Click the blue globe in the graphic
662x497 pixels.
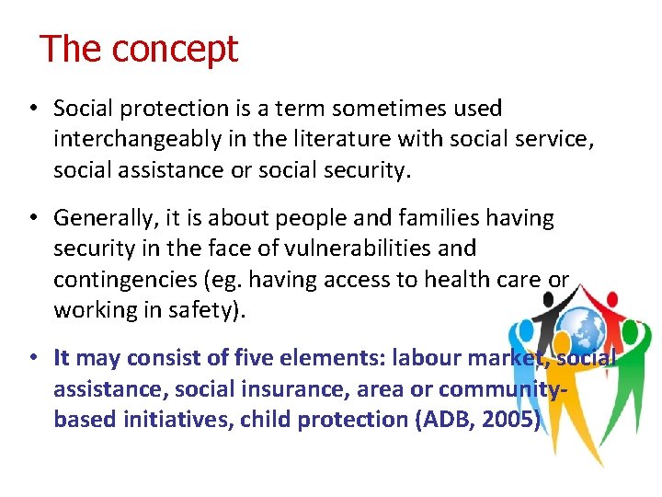pyautogui.click(x=580, y=329)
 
